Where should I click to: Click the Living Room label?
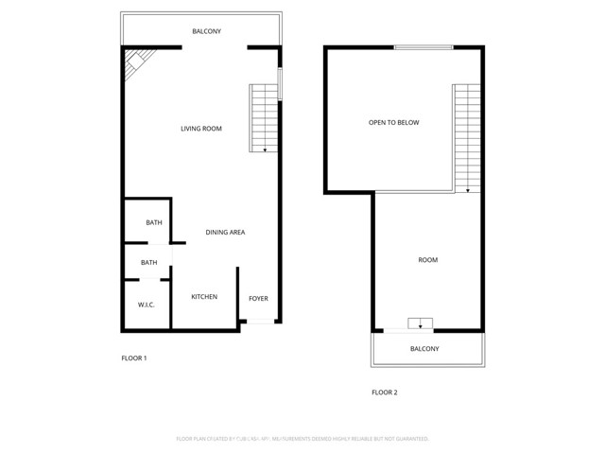[x=201, y=129]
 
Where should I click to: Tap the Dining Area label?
[x=226, y=232]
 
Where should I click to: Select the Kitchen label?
[x=204, y=297]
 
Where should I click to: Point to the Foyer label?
[x=258, y=299]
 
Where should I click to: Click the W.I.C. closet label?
[x=146, y=305]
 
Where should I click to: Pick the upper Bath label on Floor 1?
[x=153, y=223]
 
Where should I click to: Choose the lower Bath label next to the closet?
[x=149, y=263]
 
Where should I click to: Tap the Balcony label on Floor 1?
[x=207, y=31]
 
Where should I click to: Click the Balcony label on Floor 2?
[x=424, y=349]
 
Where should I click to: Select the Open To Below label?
[x=394, y=123]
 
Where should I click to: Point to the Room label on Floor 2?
[x=427, y=260]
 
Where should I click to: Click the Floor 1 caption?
[x=134, y=358]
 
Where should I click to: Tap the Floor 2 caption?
[x=384, y=392]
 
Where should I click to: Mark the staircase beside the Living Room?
[x=264, y=118]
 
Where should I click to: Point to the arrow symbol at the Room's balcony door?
[x=420, y=323]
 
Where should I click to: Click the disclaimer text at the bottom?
[x=302, y=439]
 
